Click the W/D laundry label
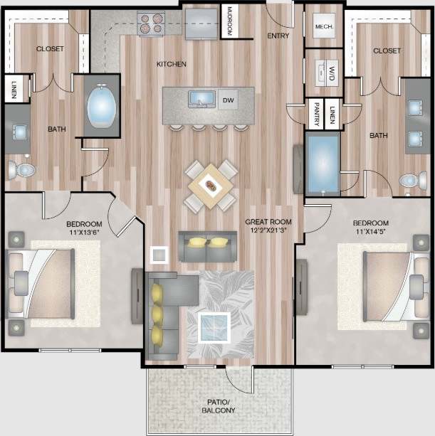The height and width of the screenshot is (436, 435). click(x=332, y=71)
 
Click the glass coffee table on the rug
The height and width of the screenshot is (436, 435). click(x=214, y=326)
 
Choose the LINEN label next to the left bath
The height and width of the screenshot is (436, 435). click(x=14, y=89)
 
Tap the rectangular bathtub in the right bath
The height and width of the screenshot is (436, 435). click(x=323, y=163)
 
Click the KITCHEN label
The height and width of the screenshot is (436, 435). click(x=172, y=64)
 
